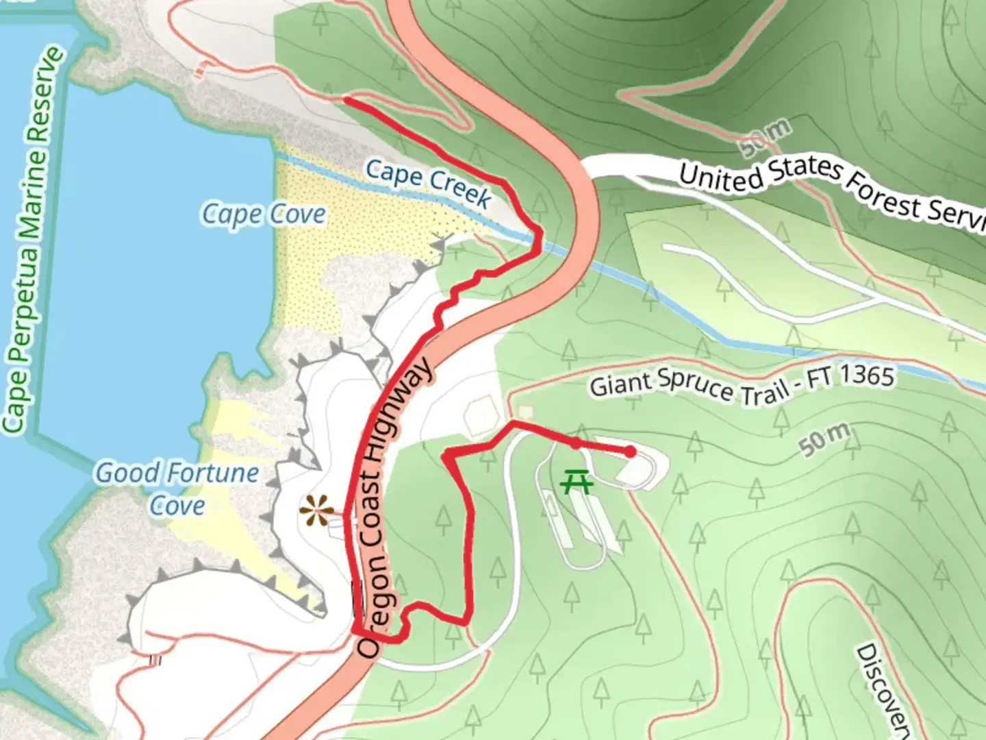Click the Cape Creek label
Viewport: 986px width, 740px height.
[x=428, y=182]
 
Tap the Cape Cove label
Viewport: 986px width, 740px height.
[x=264, y=214]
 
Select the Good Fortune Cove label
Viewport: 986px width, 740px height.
[x=177, y=489]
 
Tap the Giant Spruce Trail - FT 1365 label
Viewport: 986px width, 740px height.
[x=742, y=385]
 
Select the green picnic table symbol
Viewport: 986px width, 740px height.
[x=577, y=482]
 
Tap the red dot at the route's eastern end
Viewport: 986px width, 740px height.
[x=629, y=451]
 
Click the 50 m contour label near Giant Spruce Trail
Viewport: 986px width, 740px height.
[x=826, y=439]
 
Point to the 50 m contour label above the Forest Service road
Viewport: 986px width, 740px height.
[x=766, y=137]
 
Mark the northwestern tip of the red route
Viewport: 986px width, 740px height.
[x=345, y=100]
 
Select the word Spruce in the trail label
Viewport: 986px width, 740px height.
[x=694, y=384]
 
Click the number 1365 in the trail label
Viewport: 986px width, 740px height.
[x=866, y=376]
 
